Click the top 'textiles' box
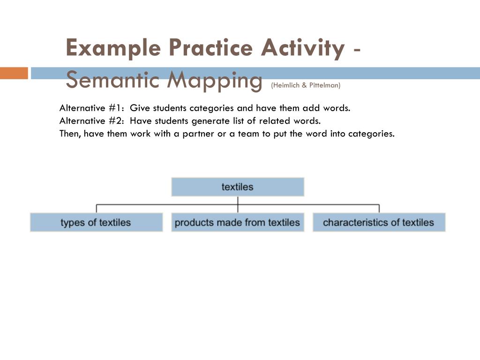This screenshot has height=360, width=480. (x=238, y=187)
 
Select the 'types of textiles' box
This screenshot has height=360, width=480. (x=96, y=223)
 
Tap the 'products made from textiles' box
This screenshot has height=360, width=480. (x=238, y=223)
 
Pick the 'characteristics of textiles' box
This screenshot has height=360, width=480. (x=379, y=223)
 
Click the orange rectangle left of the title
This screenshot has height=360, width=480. (x=14, y=73)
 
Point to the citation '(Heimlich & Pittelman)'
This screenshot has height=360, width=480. (x=306, y=85)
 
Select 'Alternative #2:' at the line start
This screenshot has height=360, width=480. (x=92, y=121)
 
